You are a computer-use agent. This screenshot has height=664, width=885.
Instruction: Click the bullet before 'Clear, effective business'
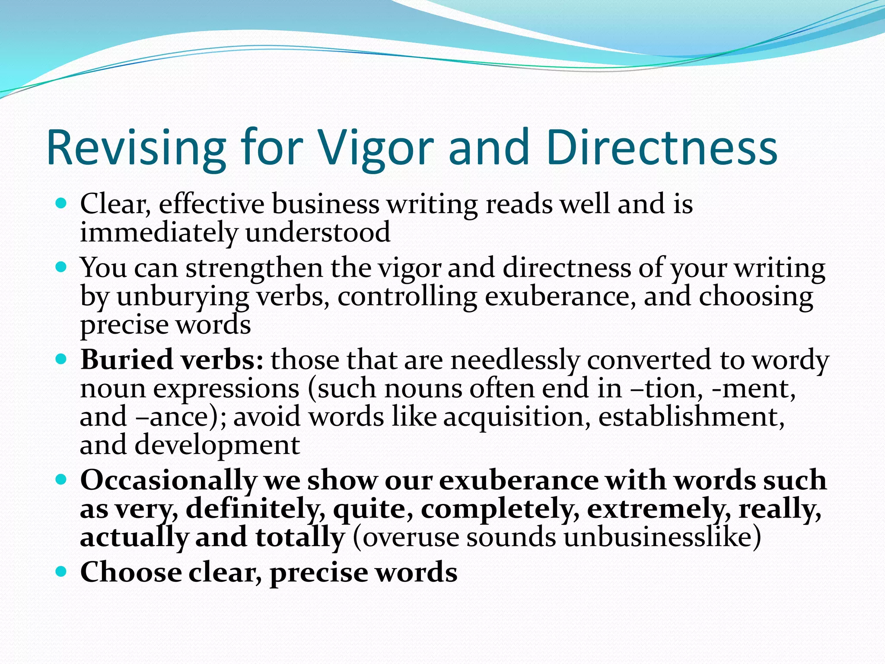[62, 203]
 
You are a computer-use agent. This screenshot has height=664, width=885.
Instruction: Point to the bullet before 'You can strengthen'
[62, 267]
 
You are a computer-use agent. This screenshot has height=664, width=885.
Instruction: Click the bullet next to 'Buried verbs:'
[62, 359]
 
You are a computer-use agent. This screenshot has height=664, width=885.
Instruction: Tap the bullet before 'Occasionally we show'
[62, 479]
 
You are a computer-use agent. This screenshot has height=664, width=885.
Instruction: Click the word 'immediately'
[159, 232]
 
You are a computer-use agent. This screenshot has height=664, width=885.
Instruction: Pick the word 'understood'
[318, 232]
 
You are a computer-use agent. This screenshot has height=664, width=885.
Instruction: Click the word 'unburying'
[182, 297]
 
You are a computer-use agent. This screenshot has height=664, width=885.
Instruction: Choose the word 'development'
[217, 445]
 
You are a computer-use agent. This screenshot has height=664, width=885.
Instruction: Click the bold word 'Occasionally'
[169, 480]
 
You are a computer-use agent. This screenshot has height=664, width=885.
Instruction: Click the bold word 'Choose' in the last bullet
[131, 572]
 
